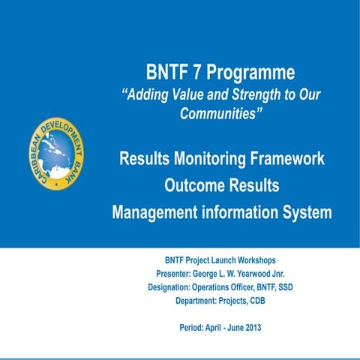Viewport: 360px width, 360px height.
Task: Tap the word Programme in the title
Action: [x=249, y=73]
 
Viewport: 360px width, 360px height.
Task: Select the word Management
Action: [x=159, y=212]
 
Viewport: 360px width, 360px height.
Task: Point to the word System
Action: [x=300, y=212]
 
